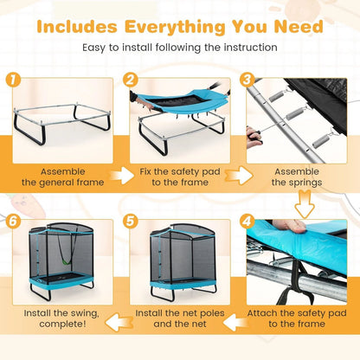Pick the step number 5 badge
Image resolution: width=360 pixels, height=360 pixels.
[x=131, y=222]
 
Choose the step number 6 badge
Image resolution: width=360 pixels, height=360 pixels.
[x=13, y=222]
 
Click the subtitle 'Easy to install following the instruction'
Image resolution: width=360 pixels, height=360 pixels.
[x=179, y=47]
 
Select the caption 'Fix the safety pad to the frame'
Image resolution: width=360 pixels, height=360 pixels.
[x=180, y=177]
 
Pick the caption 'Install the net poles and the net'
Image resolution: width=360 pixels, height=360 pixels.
[x=180, y=317]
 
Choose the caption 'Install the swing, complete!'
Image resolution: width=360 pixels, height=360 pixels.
[x=56, y=317]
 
